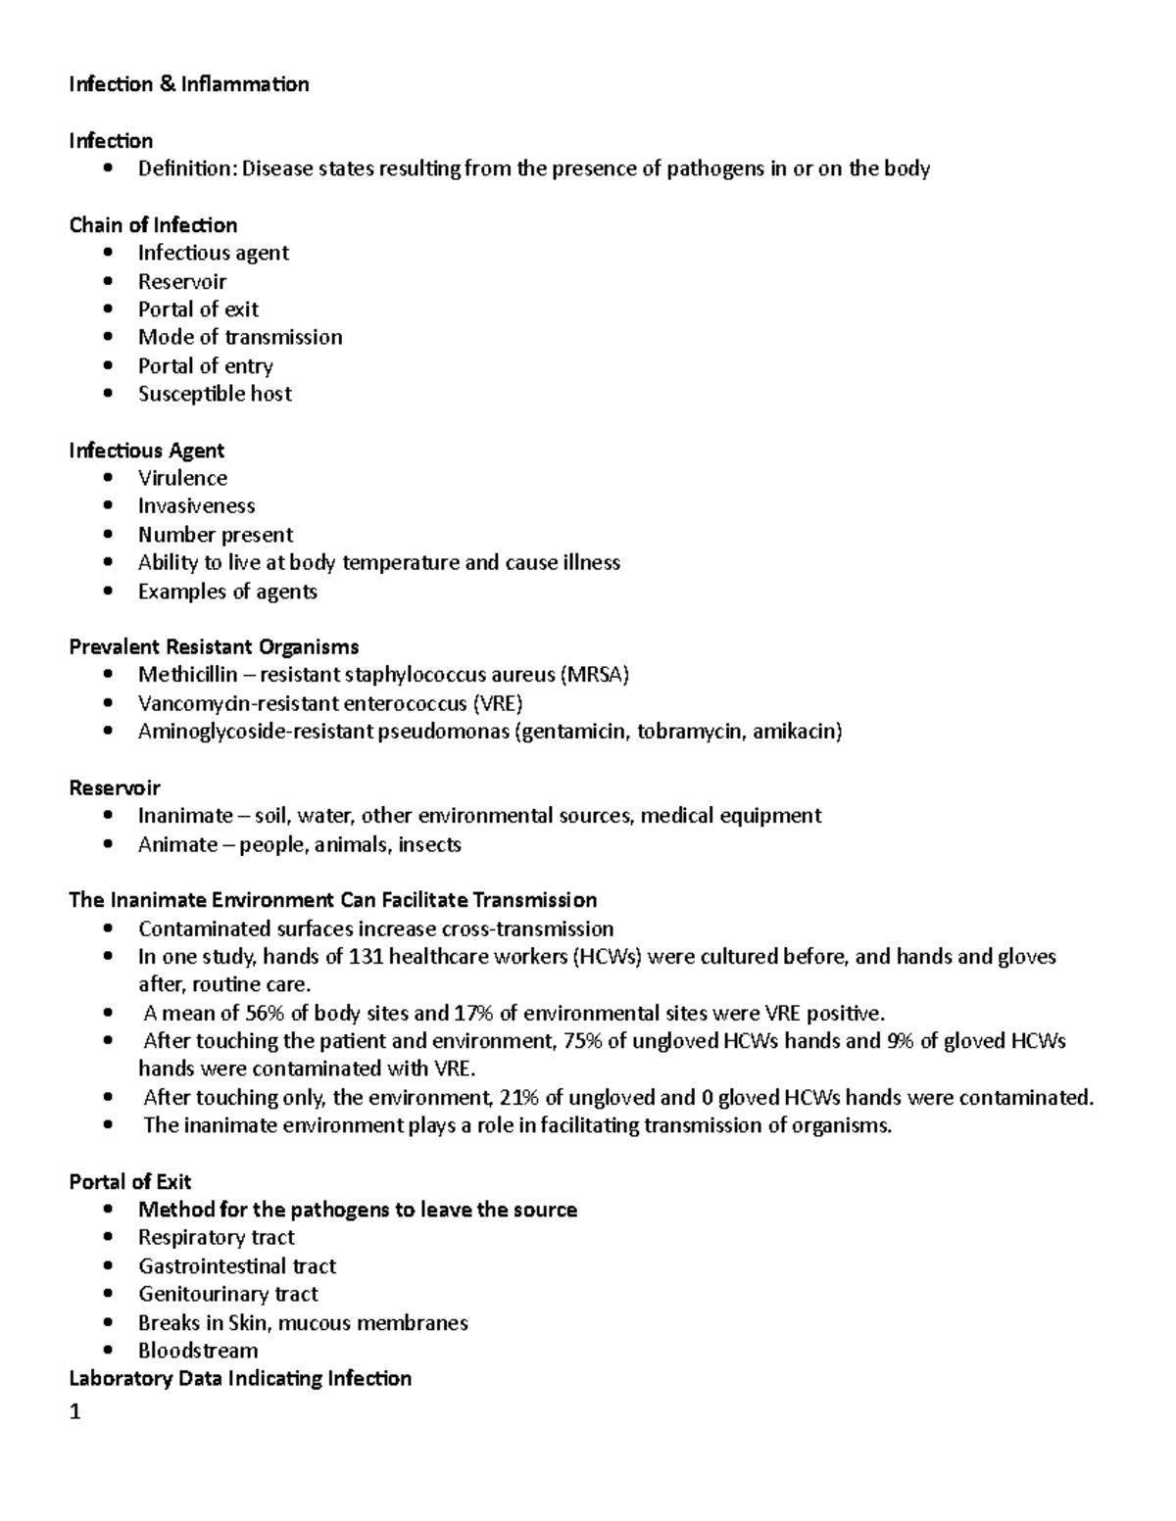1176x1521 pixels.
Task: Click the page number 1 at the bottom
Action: tap(74, 1412)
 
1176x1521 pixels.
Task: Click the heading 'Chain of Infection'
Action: tap(153, 225)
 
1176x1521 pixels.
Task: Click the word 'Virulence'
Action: tap(182, 478)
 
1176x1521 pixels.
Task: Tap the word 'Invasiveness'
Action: tap(196, 506)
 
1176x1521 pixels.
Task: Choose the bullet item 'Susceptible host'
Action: tap(215, 394)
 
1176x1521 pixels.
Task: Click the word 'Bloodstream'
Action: tap(198, 1352)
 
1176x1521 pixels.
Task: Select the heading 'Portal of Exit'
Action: tap(129, 1182)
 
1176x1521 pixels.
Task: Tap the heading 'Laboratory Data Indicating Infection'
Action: tap(240, 1379)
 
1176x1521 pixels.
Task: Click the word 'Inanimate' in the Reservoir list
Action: tap(185, 816)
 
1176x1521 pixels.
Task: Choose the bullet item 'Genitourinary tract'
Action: tap(227, 1295)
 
